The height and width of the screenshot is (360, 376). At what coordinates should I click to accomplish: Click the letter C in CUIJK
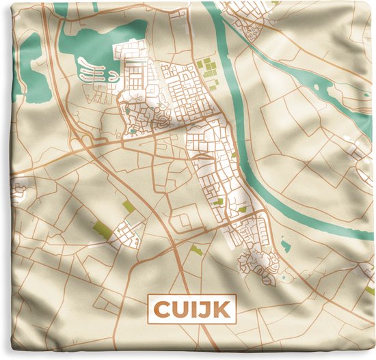(161, 309)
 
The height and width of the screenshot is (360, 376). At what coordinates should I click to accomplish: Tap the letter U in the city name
(178, 309)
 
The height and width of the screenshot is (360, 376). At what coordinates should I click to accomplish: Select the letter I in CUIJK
(193, 309)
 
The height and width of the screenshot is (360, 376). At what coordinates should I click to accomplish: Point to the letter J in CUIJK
(204, 309)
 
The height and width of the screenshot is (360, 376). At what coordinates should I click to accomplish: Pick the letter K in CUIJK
(220, 309)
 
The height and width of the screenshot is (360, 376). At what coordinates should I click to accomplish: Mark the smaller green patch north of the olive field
(129, 206)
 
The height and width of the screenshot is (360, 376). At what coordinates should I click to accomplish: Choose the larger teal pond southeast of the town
(286, 244)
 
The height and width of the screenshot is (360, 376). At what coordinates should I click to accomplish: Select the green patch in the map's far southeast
(370, 290)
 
